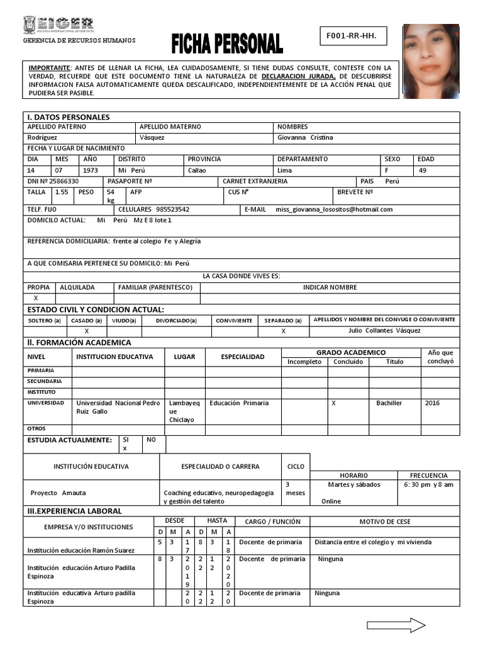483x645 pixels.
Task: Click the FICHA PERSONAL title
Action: [227, 44]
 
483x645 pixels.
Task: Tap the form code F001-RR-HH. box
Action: [352, 37]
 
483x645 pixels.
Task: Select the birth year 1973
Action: [91, 170]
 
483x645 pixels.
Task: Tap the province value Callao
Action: [197, 170]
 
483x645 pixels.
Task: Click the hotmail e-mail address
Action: [334, 209]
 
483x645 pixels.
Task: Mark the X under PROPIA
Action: [36, 298]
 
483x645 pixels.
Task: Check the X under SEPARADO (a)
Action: [283, 331]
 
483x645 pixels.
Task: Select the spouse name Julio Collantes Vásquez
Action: [384, 331]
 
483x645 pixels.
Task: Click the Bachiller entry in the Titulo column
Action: [389, 402]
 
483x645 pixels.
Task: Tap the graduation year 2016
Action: [433, 402]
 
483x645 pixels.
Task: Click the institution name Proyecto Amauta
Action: [58, 493]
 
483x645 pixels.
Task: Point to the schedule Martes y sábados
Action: [354, 484]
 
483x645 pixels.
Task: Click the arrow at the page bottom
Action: [396, 625]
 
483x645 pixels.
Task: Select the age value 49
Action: [423, 170]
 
